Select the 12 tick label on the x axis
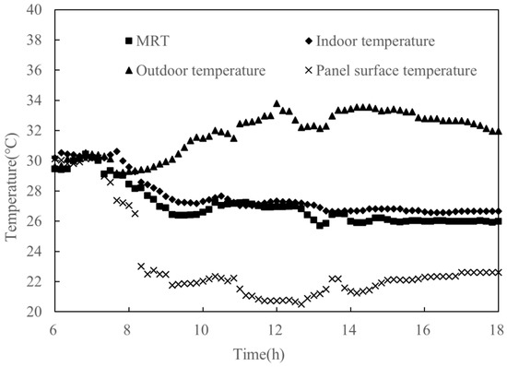coord(276,329)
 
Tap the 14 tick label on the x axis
coord(349,329)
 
